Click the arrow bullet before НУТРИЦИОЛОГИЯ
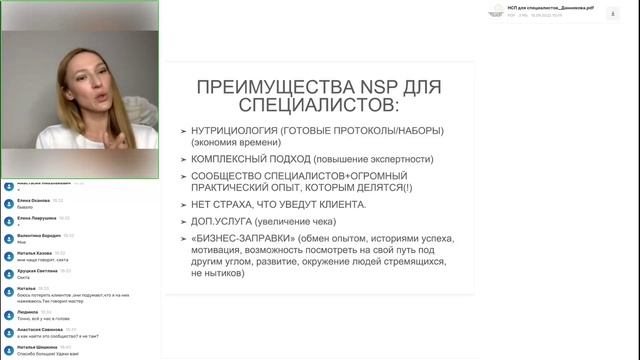pos(182,131)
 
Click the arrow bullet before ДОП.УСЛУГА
pos(182,221)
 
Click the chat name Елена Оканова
pos(33,200)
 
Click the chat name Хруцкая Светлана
pos(37,270)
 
